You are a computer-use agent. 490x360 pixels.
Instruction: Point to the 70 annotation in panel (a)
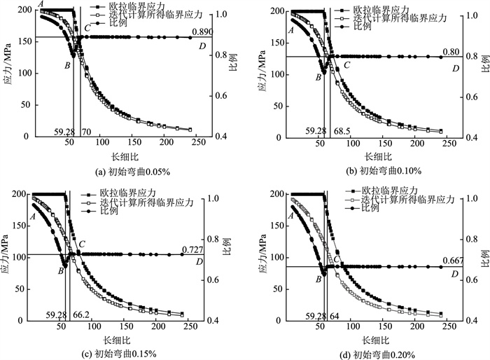click(87, 131)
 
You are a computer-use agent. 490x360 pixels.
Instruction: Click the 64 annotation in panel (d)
click(338, 315)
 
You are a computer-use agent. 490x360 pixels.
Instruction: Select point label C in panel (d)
click(336, 259)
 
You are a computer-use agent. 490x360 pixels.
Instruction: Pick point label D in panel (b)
click(456, 68)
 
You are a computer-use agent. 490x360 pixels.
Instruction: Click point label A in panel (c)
click(32, 217)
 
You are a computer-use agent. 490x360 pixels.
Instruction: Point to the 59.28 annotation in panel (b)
click(316, 131)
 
